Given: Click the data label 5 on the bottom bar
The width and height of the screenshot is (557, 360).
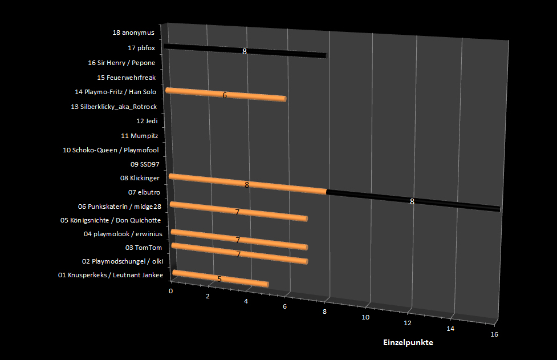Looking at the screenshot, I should pos(219,279).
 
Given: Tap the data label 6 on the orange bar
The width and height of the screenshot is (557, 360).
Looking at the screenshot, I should pos(225,95).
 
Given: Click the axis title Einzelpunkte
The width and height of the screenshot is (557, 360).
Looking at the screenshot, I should pos(408,342).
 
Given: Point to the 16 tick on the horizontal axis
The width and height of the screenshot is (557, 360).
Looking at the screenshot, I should pos(494,334).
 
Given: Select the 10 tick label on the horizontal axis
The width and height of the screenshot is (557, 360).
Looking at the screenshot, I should pos(365,317).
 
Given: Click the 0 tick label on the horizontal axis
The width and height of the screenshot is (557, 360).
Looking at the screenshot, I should pos(170,291).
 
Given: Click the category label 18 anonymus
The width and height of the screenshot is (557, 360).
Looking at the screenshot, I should pos(133,33).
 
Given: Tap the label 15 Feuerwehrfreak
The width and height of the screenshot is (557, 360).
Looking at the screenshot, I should pos(126,77).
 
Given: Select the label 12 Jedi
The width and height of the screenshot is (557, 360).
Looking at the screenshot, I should pos(147,121).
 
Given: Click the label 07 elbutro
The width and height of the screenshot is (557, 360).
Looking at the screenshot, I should pos(144,193).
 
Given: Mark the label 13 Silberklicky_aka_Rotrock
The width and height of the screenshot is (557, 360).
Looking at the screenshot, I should pos(113,107).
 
